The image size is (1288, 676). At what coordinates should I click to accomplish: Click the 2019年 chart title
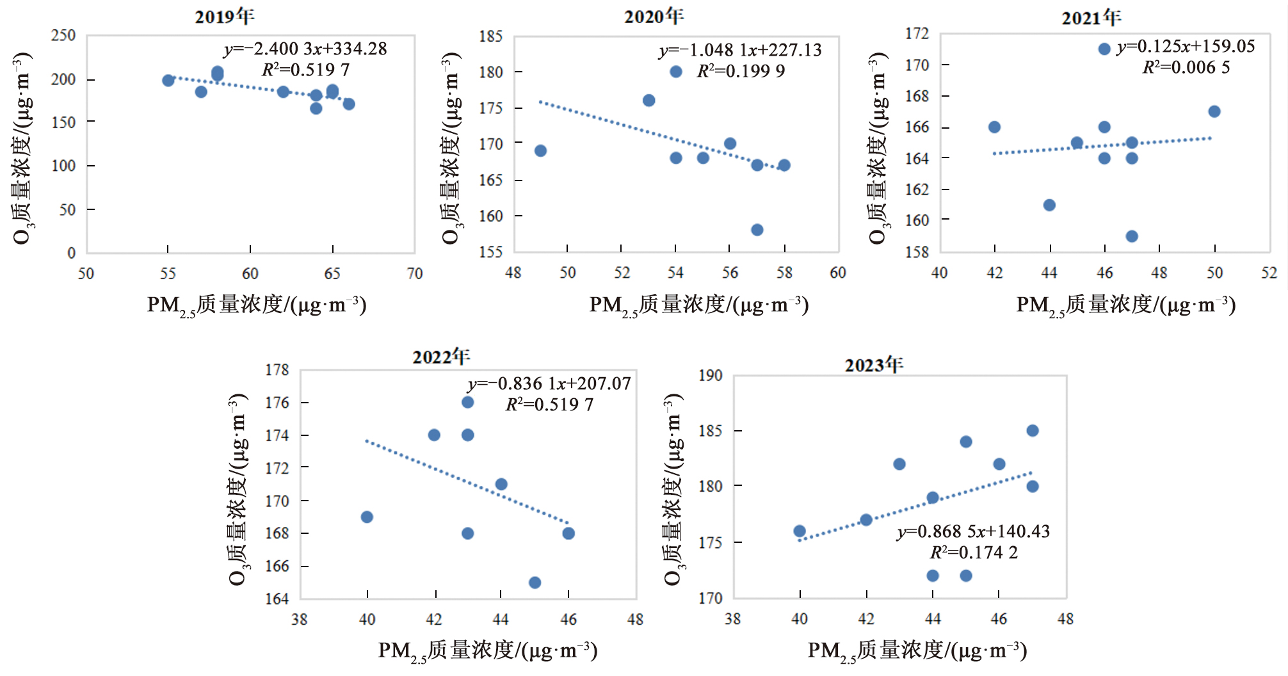coord(224,16)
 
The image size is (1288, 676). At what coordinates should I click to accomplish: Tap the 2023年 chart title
coord(874,365)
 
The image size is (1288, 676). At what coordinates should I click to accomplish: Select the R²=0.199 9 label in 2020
coord(741,71)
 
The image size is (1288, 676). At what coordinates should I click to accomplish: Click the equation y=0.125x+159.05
coord(1186,47)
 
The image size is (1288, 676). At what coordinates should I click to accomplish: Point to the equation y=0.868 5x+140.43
coord(973,532)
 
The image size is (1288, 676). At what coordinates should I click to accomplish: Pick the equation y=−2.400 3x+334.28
coord(305,49)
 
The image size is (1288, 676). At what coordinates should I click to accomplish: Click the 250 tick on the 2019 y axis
coord(63,36)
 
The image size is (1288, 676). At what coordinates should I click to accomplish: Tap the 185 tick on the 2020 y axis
coord(491,36)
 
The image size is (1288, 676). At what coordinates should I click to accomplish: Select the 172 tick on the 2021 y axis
coord(917,33)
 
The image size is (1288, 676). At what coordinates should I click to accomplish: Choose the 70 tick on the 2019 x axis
coord(415,274)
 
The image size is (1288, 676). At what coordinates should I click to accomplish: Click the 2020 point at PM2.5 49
coord(540,151)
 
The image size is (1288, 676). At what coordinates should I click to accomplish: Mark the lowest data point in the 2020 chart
coord(757,230)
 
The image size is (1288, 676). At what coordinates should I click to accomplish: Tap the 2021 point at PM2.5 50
coord(1214,111)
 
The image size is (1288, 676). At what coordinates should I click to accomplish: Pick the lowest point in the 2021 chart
coord(1132,236)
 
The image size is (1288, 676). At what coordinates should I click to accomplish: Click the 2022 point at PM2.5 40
coord(367,517)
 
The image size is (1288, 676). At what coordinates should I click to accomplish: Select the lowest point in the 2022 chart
coord(535,583)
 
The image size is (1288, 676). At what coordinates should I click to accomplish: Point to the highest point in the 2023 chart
coord(1033,431)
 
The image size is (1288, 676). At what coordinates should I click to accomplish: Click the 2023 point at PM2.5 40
coord(800,531)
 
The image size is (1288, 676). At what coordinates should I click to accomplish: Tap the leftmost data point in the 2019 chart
coord(168,81)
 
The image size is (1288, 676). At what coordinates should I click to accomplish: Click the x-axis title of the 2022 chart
coord(488,650)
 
